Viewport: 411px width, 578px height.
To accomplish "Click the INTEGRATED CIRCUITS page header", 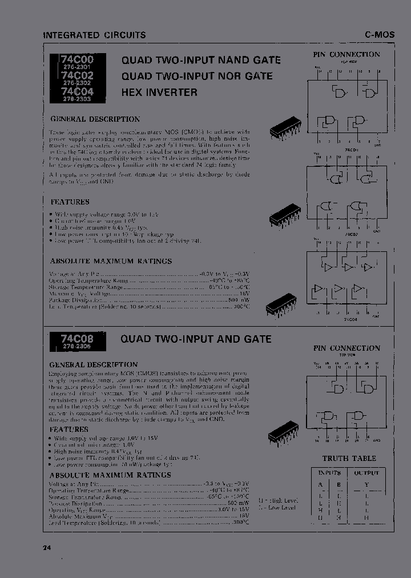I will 95,35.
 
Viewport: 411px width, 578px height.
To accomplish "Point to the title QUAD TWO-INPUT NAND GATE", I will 200,60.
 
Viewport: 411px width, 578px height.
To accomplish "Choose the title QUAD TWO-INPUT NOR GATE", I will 196,76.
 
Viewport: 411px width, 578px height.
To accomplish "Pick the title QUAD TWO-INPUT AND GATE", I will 196,339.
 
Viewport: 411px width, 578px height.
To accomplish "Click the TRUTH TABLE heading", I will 349,458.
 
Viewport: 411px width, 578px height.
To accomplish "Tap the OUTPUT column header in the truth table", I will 366,473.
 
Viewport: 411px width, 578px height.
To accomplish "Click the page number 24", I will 47,548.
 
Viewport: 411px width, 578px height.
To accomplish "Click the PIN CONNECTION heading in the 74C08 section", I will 346,348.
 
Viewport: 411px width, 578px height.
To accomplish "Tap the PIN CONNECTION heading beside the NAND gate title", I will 346,54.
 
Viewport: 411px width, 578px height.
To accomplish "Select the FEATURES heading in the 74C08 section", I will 68,429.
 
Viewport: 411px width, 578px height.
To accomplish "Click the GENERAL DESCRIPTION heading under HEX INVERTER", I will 95,119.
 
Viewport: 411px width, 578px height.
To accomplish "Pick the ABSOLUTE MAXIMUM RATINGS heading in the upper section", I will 111,261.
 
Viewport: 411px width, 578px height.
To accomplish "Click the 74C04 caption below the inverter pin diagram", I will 350,320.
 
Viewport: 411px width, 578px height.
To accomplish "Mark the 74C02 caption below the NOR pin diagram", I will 350,234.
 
